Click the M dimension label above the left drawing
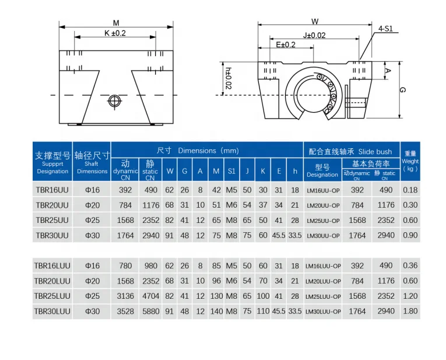116,23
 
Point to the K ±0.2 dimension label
115,33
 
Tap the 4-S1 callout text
385,29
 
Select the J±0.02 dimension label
314,35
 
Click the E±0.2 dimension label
286,45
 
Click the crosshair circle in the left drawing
115,100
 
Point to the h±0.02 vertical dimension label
228,78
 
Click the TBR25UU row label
52,221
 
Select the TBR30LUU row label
52,312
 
